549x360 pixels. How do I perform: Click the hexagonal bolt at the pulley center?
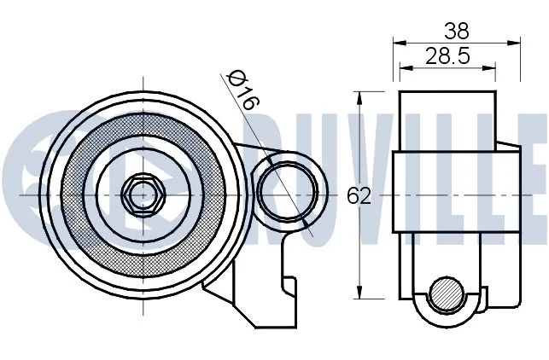click(x=142, y=195)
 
